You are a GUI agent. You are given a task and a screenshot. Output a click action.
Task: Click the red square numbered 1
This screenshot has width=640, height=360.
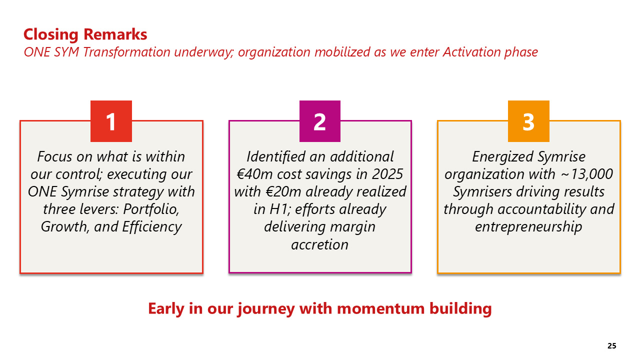tap(111, 121)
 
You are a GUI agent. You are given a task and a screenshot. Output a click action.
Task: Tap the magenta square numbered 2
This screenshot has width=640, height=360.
tap(320, 121)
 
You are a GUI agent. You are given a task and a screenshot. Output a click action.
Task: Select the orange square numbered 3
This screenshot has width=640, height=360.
tap(528, 121)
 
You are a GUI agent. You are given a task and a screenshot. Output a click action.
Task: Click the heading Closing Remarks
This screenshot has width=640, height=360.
tap(85, 34)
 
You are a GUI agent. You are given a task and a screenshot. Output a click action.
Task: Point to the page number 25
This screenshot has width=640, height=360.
tap(611, 346)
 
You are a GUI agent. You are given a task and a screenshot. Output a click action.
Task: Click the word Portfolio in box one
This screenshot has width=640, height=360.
tap(151, 209)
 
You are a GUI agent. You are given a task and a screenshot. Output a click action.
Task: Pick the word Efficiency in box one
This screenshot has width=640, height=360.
tap(152, 227)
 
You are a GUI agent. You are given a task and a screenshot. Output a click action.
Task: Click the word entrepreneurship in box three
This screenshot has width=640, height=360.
tap(528, 227)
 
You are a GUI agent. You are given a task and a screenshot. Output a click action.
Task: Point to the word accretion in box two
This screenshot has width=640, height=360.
tap(319, 245)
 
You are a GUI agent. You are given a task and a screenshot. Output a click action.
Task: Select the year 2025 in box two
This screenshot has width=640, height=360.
tap(387, 174)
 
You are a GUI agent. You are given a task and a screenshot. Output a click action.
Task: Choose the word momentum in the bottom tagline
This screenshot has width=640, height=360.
tap(381, 309)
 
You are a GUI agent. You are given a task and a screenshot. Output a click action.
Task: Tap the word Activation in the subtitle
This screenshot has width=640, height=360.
tap(471, 52)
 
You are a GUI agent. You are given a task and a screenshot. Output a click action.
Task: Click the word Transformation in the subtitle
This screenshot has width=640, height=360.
tap(127, 52)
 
